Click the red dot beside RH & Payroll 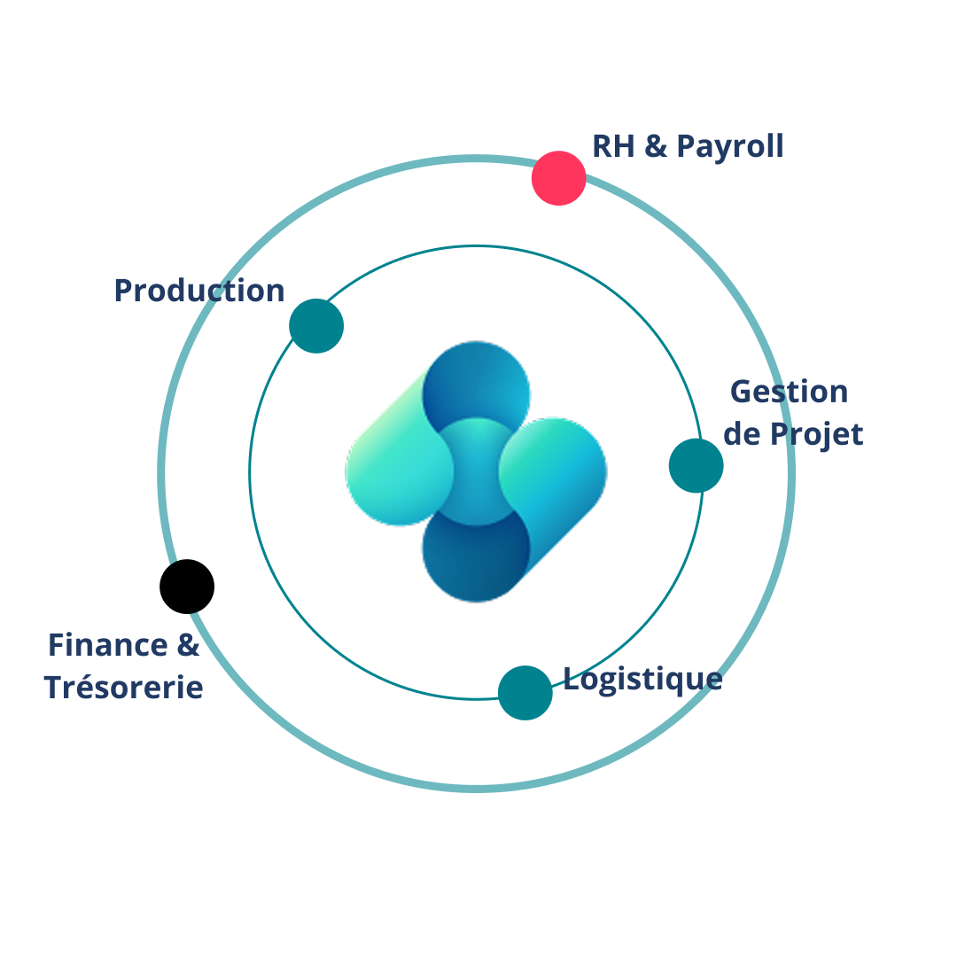[x=558, y=178]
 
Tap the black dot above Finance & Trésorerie [x=187, y=587]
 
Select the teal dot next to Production [x=316, y=326]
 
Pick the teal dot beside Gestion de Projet [x=696, y=466]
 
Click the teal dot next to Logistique [x=525, y=693]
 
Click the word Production [x=199, y=291]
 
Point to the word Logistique [x=642, y=680]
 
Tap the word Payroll [x=730, y=147]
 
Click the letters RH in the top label [x=613, y=146]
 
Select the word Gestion [x=790, y=392]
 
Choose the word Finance [x=108, y=645]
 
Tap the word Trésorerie [x=123, y=688]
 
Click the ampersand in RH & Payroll [x=656, y=146]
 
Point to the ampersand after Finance [x=188, y=645]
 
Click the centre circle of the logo [x=476, y=471]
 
